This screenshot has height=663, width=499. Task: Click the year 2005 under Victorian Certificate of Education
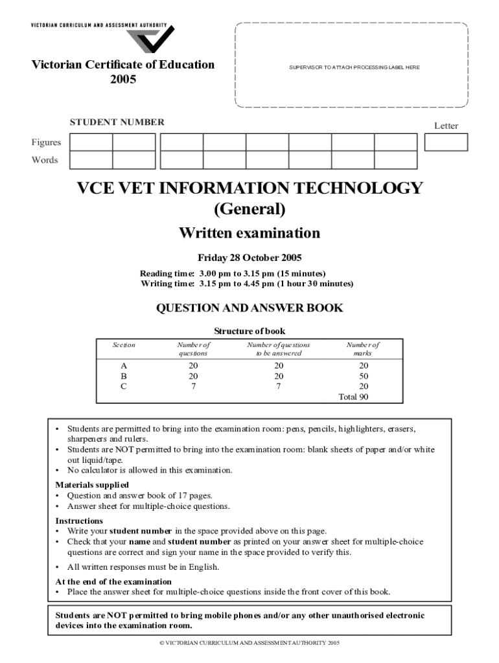click(x=123, y=80)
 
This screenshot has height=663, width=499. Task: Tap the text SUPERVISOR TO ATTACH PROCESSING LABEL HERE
click(x=351, y=67)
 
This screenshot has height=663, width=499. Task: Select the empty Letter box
click(x=446, y=142)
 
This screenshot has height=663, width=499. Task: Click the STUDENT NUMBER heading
click(x=117, y=122)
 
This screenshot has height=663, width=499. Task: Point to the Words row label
click(x=45, y=160)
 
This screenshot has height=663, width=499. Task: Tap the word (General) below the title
click(x=250, y=209)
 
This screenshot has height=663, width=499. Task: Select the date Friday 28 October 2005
click(x=250, y=257)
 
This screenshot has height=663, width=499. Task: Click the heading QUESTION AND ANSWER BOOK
click(x=250, y=308)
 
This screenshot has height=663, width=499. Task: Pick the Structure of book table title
click(x=250, y=331)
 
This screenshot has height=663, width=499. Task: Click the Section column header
click(x=124, y=345)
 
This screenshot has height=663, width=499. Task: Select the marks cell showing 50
click(x=363, y=376)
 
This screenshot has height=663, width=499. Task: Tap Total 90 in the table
click(x=354, y=396)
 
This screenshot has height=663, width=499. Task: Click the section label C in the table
click(x=124, y=386)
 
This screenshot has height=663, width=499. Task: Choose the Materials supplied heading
click(x=92, y=484)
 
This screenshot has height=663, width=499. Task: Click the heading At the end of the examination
click(x=113, y=581)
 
